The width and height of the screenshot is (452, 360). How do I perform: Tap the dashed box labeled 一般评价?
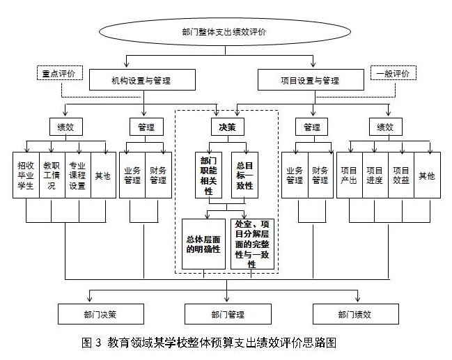392,72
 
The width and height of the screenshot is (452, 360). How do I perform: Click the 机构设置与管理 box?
140,81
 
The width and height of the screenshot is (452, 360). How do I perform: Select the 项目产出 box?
349,174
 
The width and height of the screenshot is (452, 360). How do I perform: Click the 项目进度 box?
375,174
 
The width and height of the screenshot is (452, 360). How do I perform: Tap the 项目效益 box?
400,174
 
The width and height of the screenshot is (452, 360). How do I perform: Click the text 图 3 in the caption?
92,343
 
